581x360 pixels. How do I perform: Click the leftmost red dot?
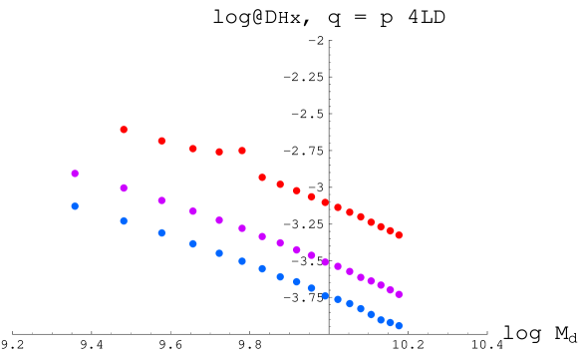[124, 130]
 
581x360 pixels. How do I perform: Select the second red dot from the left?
[161, 141]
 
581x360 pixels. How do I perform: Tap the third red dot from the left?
[193, 149]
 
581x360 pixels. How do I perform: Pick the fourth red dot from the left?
[219, 152]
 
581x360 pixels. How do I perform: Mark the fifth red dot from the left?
[242, 151]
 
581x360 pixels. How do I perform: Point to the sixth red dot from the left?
[262, 177]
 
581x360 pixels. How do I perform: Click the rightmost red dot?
[399, 235]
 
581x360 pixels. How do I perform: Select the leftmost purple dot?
[75, 174]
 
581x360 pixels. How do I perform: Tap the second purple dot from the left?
[124, 187]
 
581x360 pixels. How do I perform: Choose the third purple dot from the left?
[161, 200]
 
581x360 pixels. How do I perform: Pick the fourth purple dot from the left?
[193, 211]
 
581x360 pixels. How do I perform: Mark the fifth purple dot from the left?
[219, 219]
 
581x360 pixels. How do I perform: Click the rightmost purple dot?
[399, 294]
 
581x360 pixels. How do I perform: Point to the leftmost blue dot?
[75, 206]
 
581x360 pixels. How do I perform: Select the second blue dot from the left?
[124, 221]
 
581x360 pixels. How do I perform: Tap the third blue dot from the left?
[161, 233]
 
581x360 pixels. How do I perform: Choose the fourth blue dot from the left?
[193, 243]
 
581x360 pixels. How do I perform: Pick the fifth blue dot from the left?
[219, 253]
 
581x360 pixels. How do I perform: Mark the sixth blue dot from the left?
[242, 261]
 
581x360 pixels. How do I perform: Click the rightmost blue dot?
[399, 325]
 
